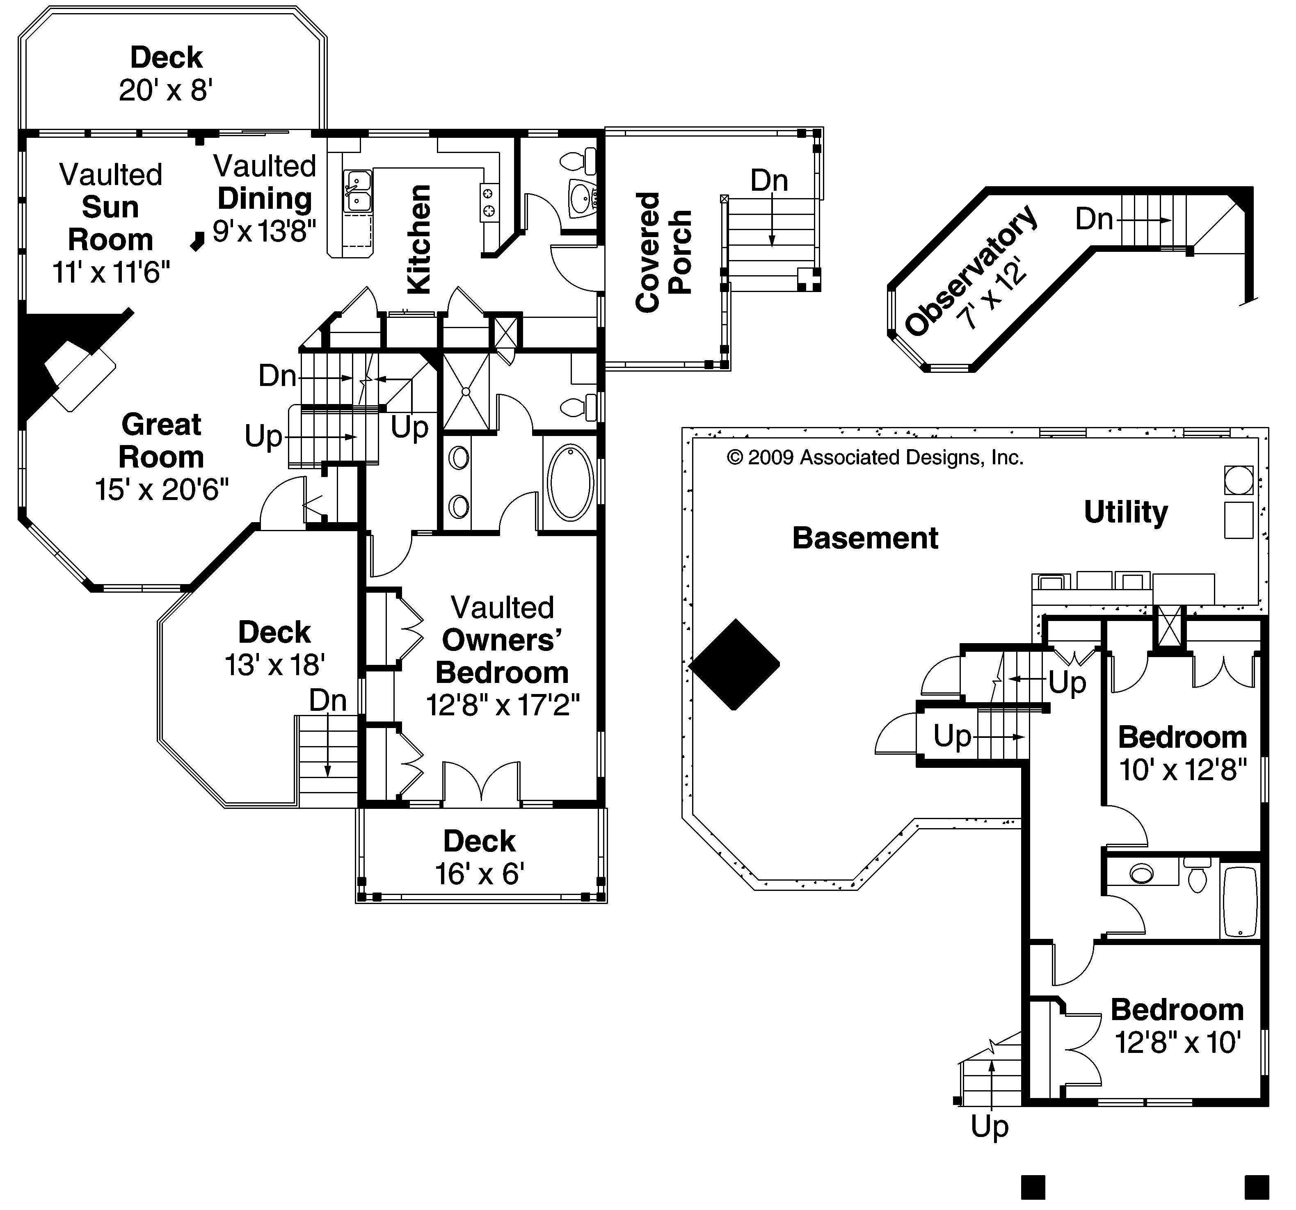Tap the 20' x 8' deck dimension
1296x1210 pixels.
(166, 90)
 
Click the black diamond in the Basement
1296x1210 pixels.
(735, 664)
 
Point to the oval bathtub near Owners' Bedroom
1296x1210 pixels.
(570, 482)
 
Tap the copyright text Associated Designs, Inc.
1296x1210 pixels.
(875, 458)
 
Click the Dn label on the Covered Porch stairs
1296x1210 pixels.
(769, 180)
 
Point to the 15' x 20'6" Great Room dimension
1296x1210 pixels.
(162, 489)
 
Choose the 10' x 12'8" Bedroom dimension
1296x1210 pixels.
(1183, 770)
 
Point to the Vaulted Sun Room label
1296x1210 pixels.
(110, 207)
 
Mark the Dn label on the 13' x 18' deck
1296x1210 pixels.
(327, 701)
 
